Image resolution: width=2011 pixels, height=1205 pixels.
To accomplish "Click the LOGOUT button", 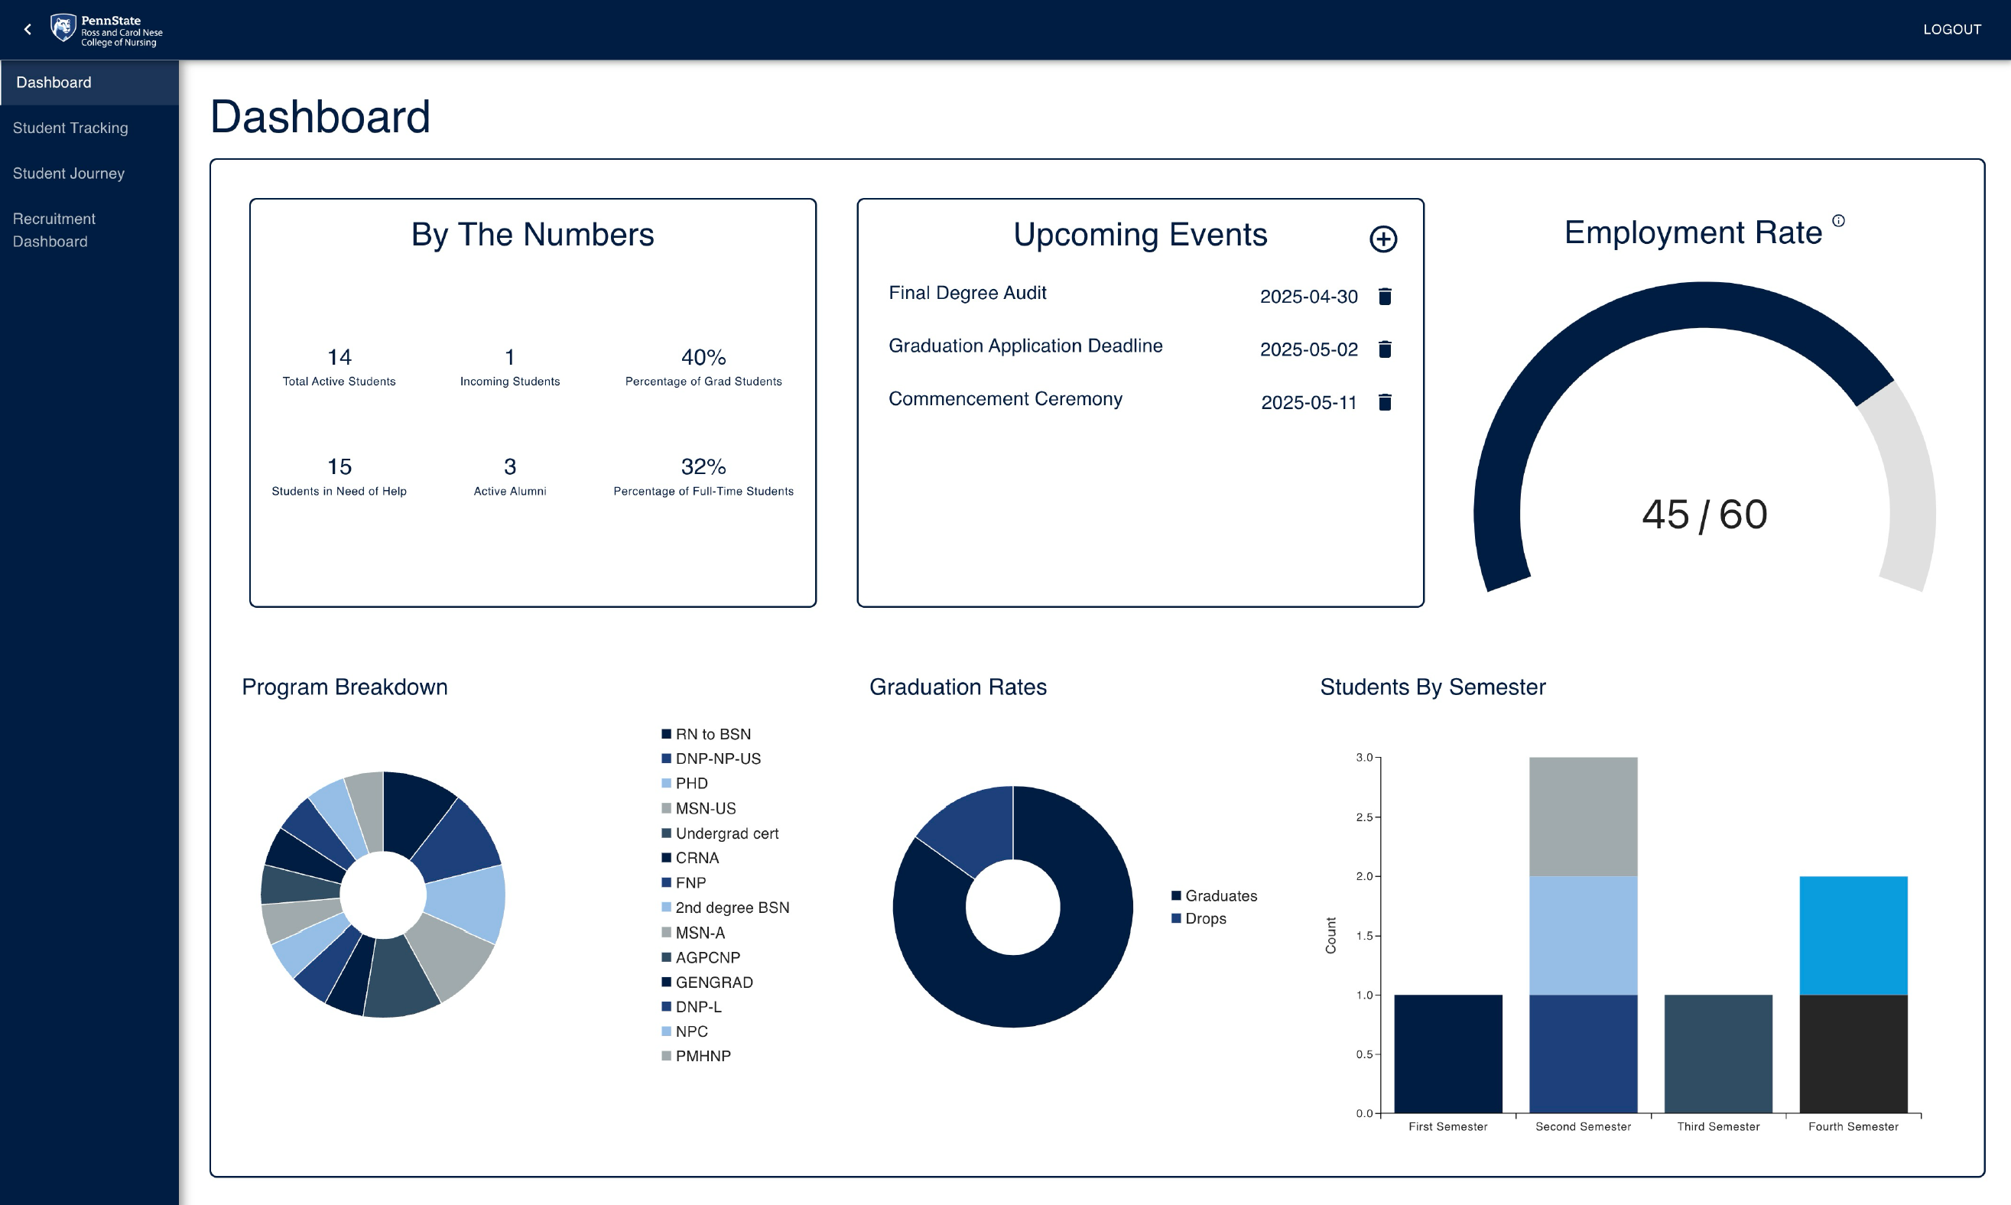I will pos(1951,29).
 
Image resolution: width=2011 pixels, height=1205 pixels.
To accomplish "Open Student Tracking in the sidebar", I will pos(70,128).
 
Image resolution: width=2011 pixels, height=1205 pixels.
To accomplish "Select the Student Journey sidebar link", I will pos(69,173).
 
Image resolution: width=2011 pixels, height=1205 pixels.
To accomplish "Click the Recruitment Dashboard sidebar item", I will pos(54,230).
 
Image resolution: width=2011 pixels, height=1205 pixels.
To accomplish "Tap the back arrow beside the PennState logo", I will pos(28,29).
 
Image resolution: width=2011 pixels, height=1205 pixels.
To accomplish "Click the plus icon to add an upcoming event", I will pos(1382,239).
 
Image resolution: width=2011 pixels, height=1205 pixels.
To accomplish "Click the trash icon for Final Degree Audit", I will pos(1385,297).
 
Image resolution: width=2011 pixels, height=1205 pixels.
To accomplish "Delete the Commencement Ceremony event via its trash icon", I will pos(1385,402).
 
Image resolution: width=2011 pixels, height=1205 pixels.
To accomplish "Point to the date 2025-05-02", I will pos(1308,349).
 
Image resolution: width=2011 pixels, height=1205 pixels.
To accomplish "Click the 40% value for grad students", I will pos(703,357).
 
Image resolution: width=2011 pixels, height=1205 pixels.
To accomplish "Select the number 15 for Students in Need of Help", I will pos(339,467).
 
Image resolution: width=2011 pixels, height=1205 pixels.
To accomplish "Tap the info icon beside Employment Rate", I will pos(1838,221).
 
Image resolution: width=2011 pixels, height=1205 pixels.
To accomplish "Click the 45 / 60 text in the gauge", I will pos(1704,514).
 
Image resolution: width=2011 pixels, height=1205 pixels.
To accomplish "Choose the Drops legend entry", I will pos(1204,918).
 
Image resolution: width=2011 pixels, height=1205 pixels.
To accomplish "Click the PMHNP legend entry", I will pos(702,1056).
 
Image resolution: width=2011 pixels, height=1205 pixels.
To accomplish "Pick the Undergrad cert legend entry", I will pos(726,833).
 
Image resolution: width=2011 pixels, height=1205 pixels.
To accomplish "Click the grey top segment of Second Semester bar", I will pos(1582,816).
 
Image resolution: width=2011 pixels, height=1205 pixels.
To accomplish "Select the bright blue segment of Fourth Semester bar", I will pos(1853,934).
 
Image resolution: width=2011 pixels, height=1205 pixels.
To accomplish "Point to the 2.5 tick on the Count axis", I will pos(1364,817).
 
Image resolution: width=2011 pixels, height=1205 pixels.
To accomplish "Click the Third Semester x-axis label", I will pos(1718,1126).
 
